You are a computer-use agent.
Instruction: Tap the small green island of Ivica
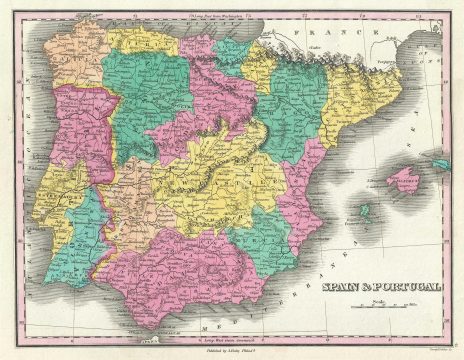coord(365,211)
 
